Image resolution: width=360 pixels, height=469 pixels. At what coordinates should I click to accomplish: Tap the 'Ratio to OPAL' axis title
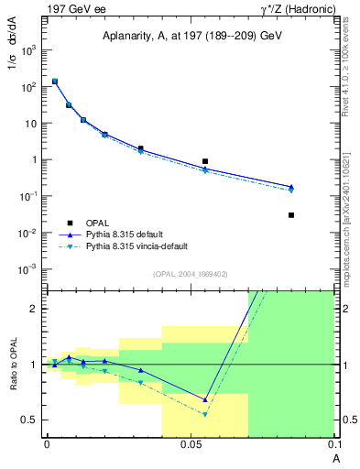coord(14,365)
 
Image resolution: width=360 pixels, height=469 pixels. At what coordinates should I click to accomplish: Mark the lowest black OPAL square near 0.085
coord(291,215)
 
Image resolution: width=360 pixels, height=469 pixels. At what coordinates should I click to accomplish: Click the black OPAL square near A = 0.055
coord(205,161)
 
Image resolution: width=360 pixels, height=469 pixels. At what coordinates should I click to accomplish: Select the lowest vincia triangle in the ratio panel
coord(205,414)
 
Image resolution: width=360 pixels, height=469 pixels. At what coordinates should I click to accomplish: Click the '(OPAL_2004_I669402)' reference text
coord(191,274)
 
